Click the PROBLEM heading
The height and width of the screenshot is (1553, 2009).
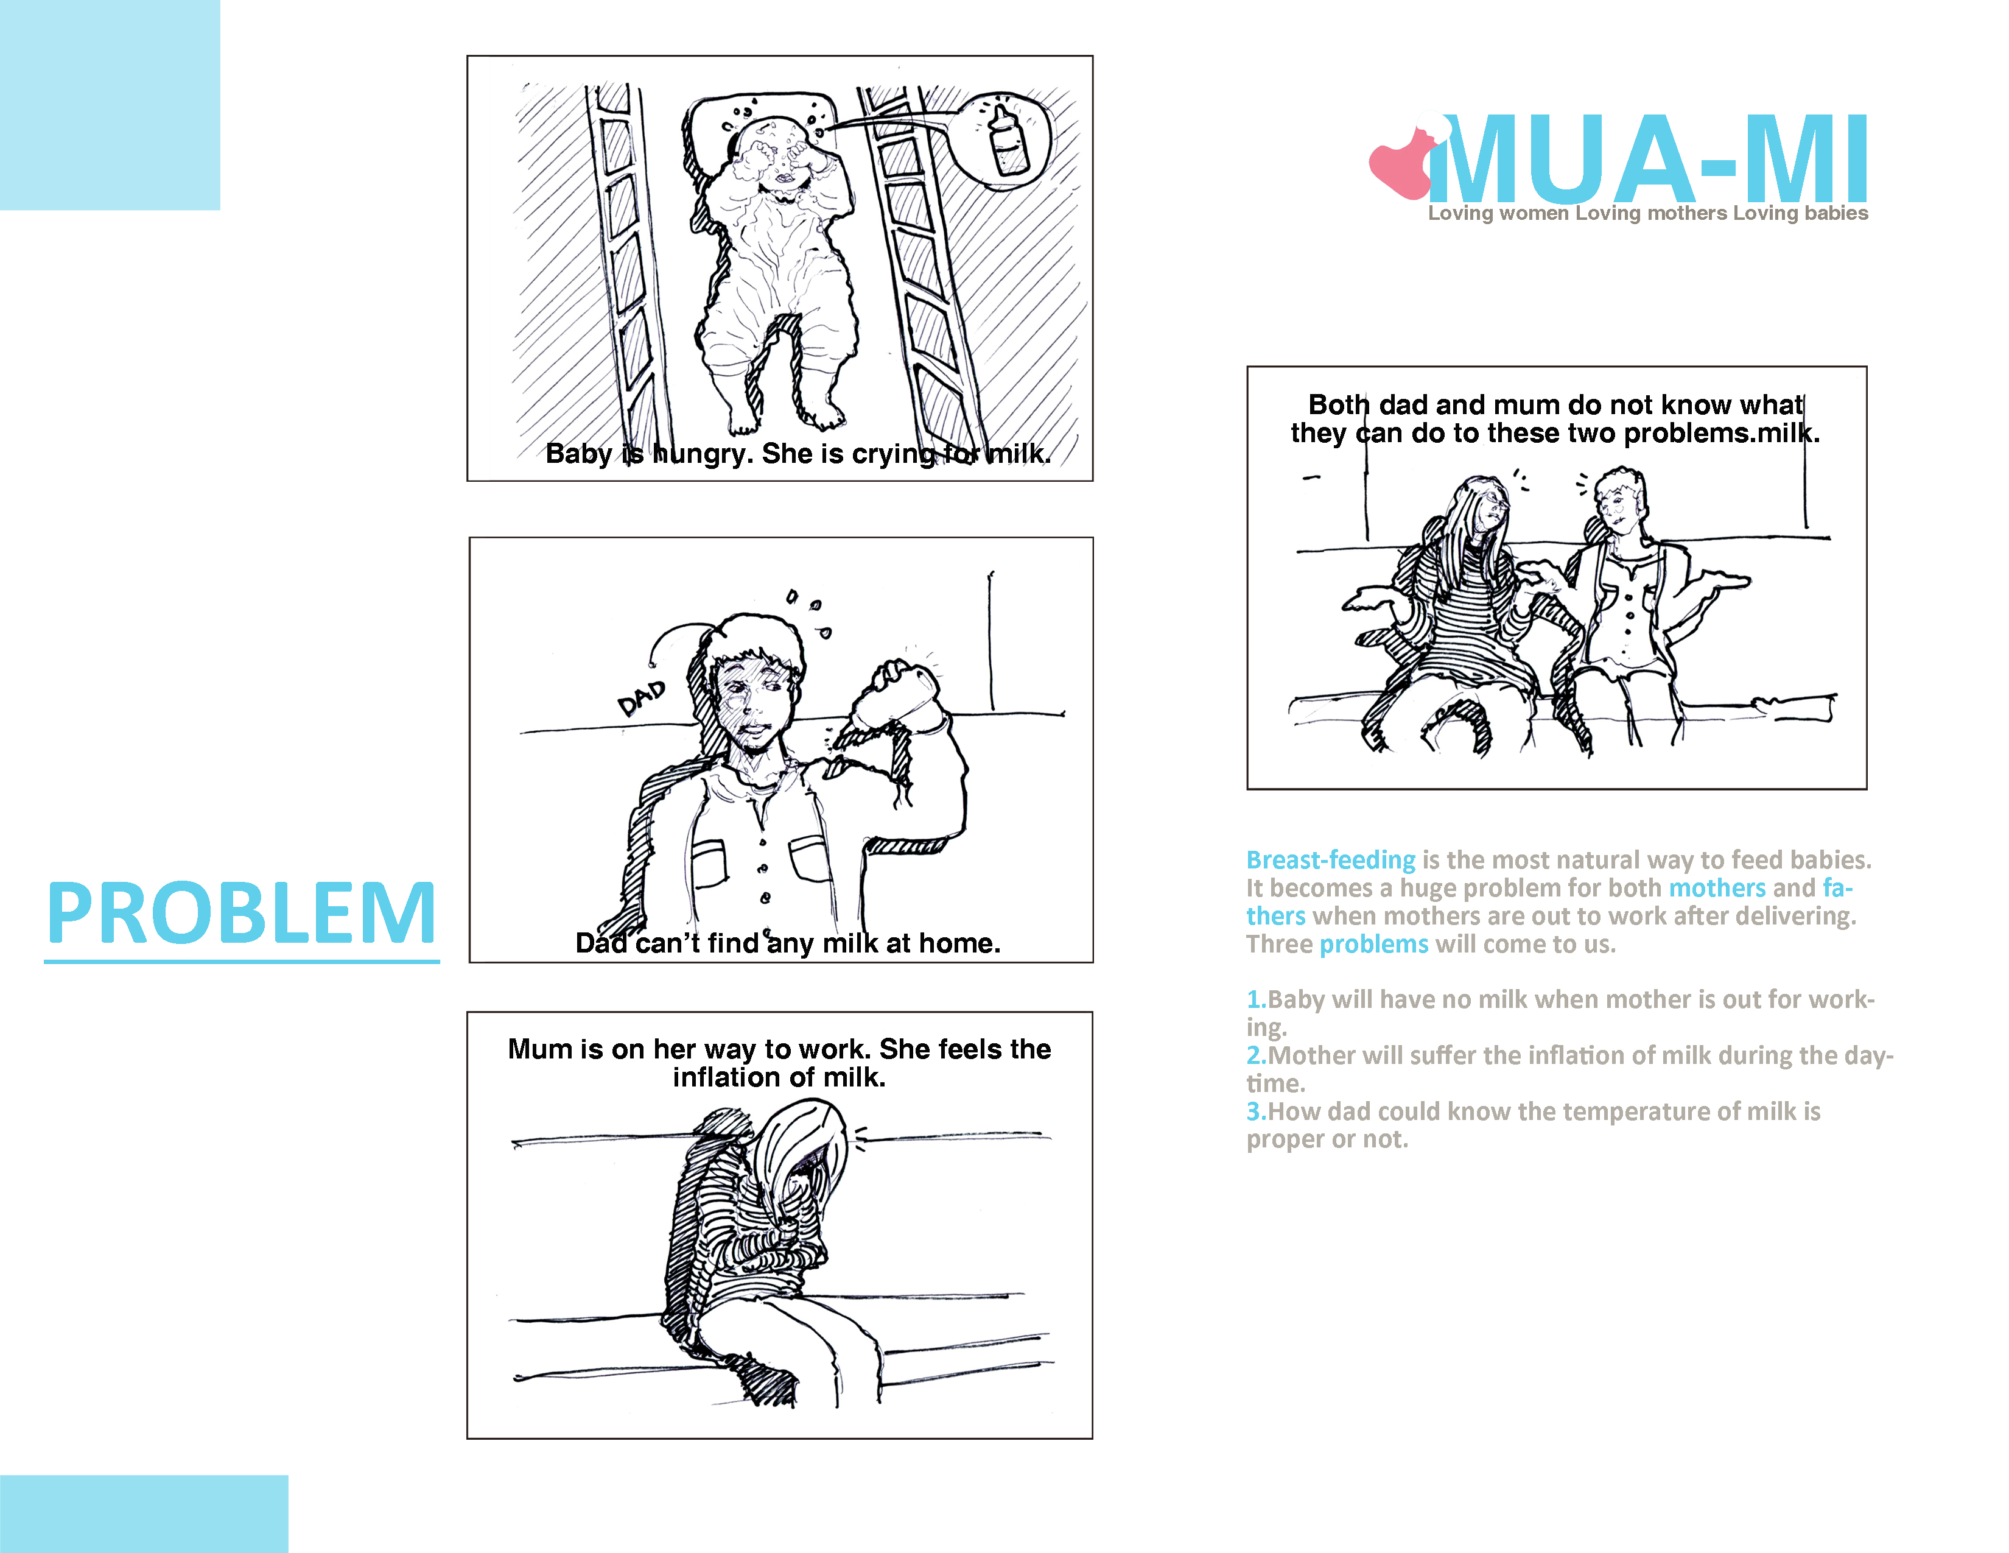click(242, 913)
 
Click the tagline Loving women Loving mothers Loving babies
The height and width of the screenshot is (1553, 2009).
click(1647, 213)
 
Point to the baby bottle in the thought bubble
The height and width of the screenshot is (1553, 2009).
click(1009, 140)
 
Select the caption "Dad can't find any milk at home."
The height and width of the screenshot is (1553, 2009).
click(787, 943)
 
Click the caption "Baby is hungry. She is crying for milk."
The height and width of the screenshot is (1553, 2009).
click(798, 454)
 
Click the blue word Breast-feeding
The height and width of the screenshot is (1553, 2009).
click(1330, 860)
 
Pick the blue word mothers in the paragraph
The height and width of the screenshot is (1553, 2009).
click(1717, 888)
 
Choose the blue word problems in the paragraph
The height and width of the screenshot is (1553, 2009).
click(1374, 945)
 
